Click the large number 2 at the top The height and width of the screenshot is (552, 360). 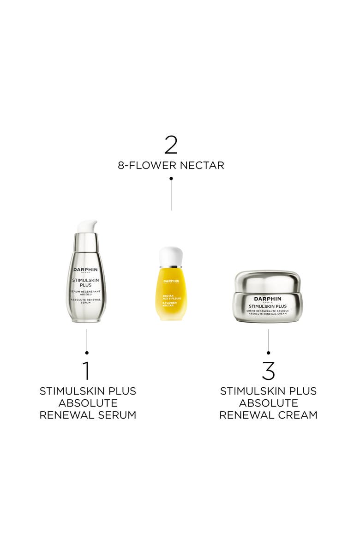click(x=171, y=144)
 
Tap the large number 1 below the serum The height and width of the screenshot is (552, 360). click(x=86, y=370)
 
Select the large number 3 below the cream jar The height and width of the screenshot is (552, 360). click(x=268, y=370)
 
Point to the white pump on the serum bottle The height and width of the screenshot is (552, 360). click(x=87, y=227)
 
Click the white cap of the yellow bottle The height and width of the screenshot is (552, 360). click(x=171, y=257)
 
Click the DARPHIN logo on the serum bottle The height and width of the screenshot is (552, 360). click(x=86, y=270)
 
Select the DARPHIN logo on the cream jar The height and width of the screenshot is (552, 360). click(x=268, y=299)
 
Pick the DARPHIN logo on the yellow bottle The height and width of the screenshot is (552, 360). click(x=171, y=281)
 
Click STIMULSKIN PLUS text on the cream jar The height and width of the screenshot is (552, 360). click(x=268, y=306)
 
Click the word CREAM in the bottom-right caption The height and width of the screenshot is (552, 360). click(x=298, y=415)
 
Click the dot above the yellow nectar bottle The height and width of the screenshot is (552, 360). click(x=171, y=178)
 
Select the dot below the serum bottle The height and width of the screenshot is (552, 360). click(x=87, y=353)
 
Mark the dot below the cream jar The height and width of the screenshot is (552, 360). click(x=269, y=353)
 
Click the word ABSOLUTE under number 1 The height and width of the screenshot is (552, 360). click(x=88, y=403)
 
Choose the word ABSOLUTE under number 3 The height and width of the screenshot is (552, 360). click(x=268, y=403)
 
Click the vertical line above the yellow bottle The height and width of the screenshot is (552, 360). click(x=171, y=196)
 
